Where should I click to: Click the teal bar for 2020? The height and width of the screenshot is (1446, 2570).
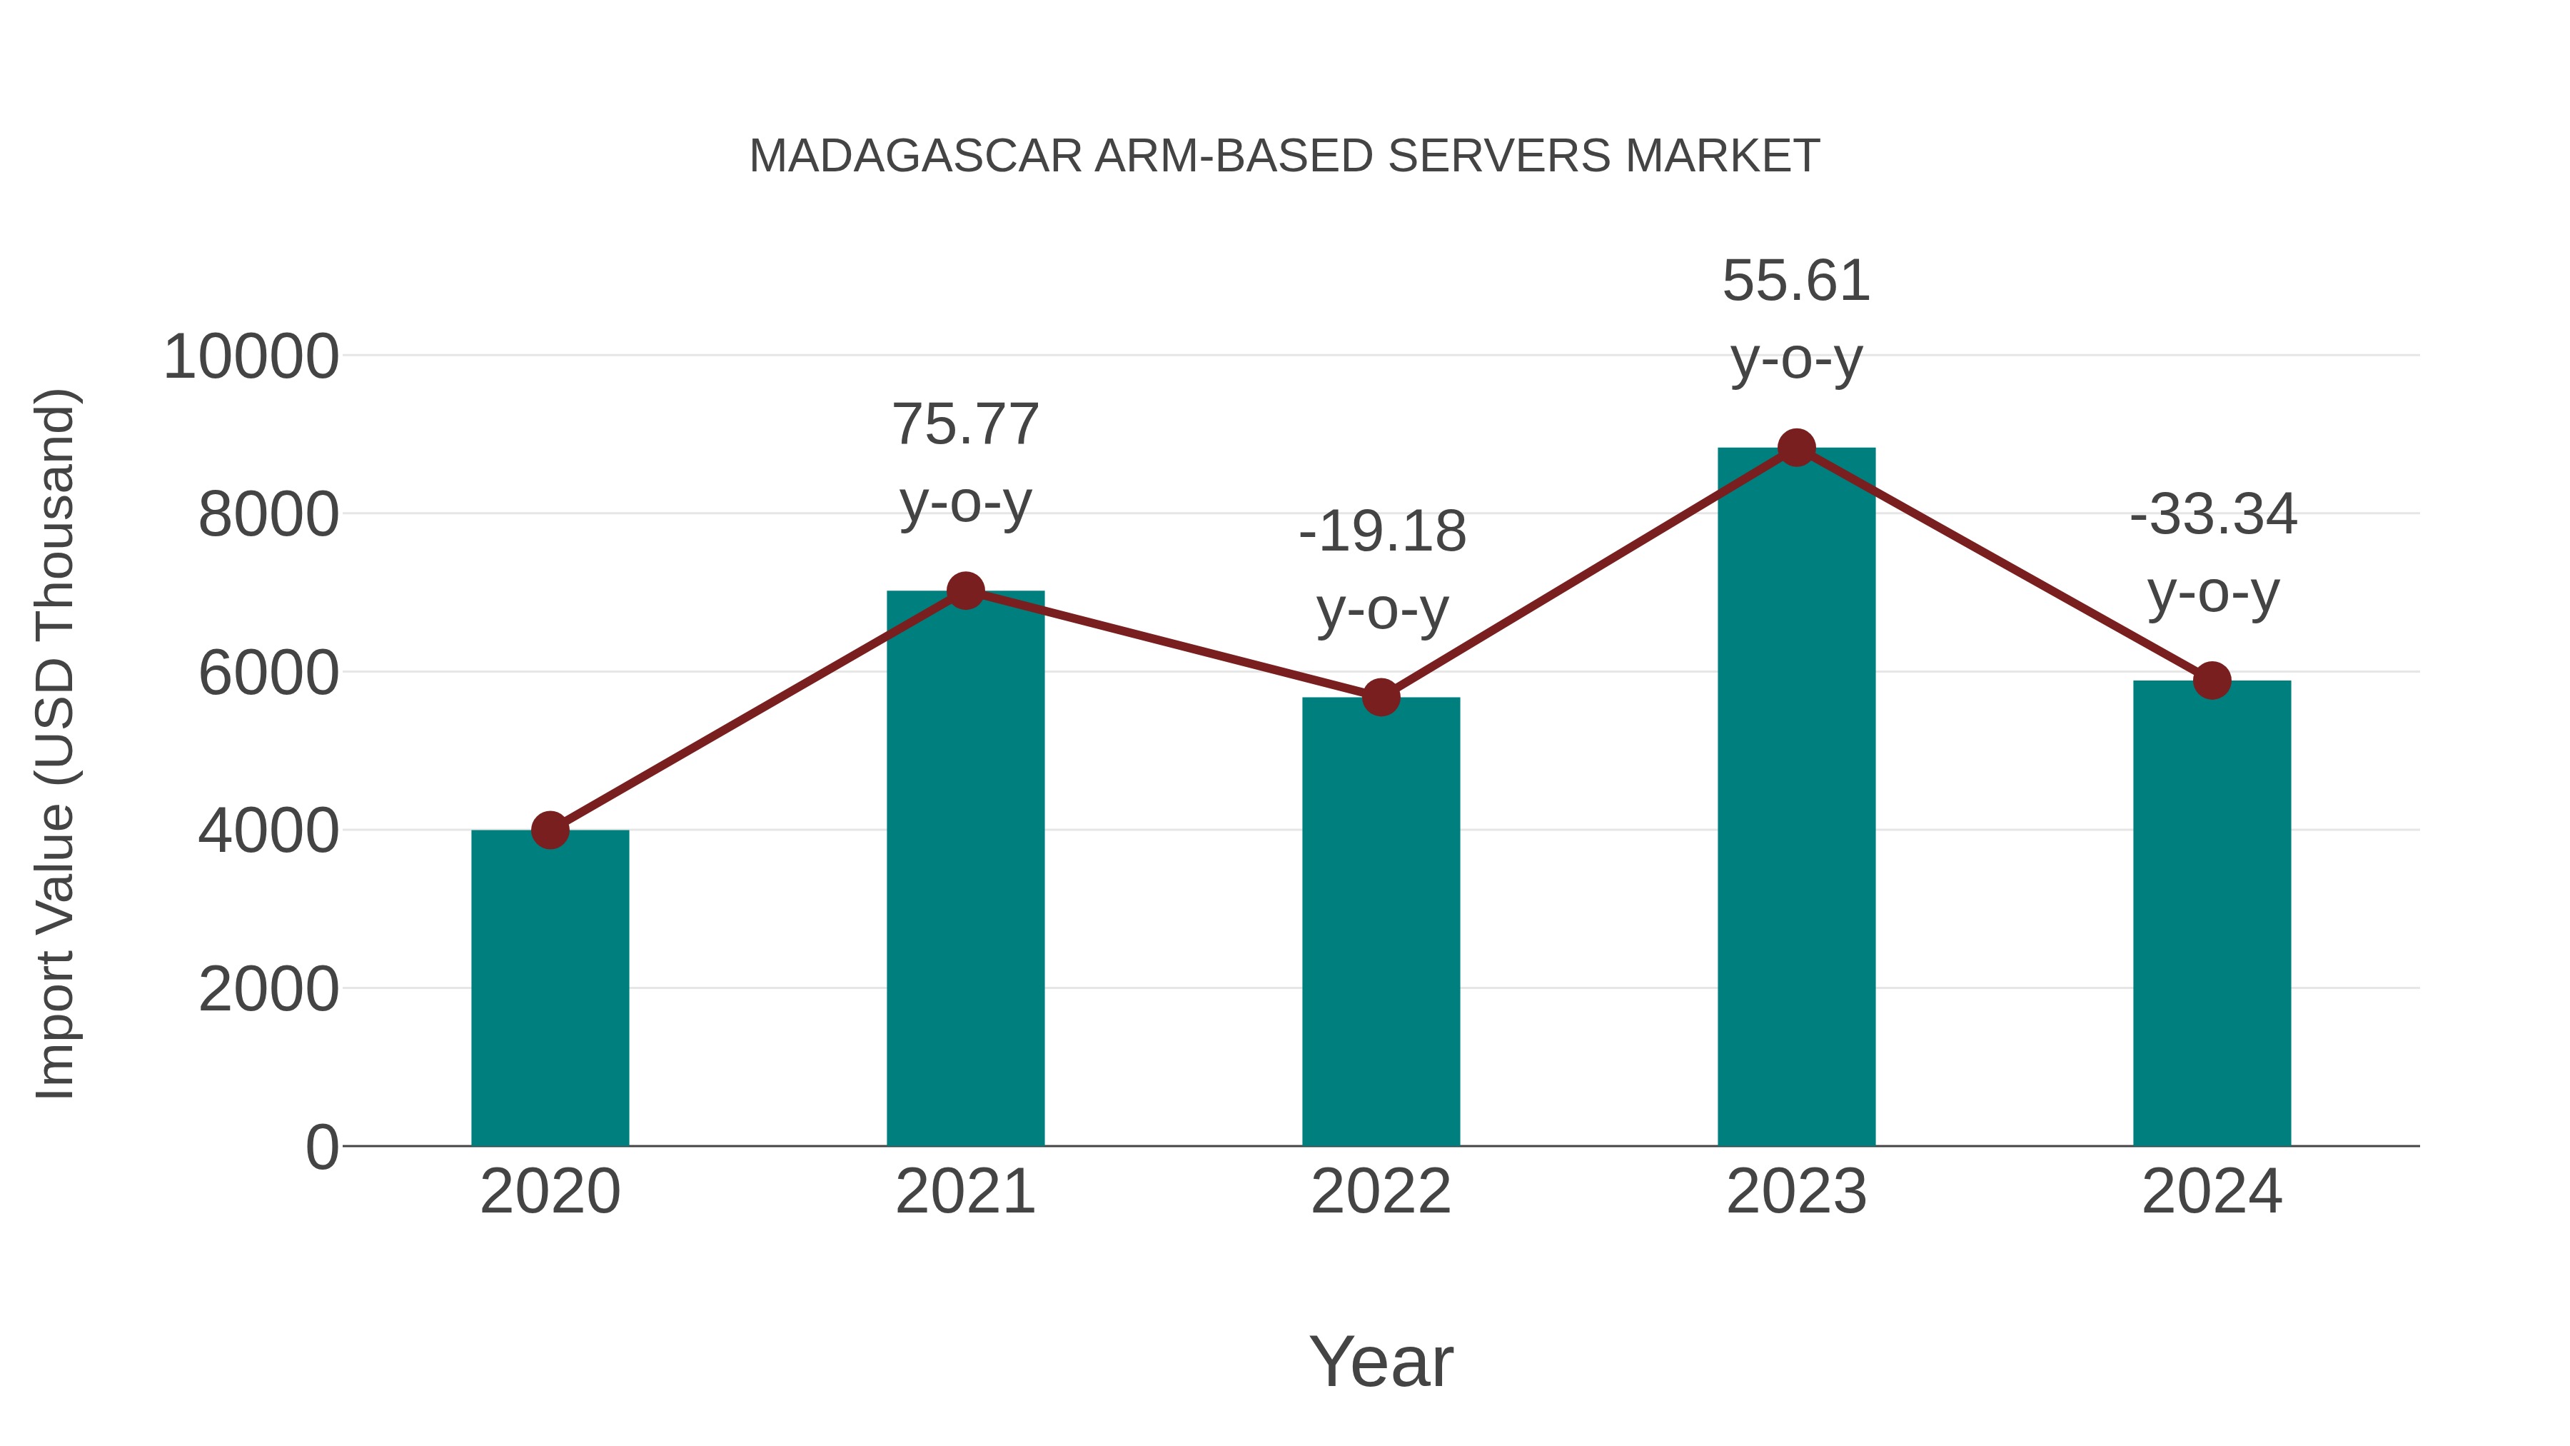[550, 988]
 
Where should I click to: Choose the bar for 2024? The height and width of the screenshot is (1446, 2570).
[2212, 913]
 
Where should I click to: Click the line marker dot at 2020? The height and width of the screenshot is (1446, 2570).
[550, 829]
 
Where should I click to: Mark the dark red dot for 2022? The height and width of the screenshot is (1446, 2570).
[1381, 698]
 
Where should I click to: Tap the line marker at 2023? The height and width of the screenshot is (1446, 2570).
[1796, 448]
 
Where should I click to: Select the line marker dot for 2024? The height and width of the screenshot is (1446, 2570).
[2212, 681]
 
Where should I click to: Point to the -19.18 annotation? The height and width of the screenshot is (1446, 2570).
[1382, 532]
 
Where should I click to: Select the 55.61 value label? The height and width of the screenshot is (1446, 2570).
[1796, 281]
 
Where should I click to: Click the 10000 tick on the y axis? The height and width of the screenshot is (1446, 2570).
[251, 357]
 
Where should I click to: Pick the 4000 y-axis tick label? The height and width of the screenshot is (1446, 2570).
[268, 831]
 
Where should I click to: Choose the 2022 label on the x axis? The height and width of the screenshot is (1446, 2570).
[1381, 1192]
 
